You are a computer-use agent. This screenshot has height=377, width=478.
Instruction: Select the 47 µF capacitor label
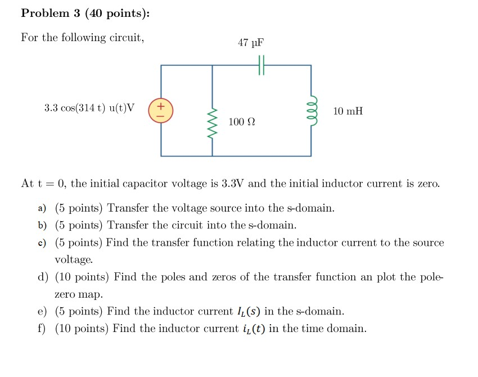pyautogui.click(x=250, y=43)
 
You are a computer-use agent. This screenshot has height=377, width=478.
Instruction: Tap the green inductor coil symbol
pyautogui.click(x=311, y=110)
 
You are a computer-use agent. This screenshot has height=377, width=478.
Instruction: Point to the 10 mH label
pyautogui.click(x=348, y=111)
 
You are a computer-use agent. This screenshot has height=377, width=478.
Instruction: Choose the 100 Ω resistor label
pyautogui.click(x=242, y=122)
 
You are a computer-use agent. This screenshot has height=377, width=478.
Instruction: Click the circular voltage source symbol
pyautogui.click(x=161, y=110)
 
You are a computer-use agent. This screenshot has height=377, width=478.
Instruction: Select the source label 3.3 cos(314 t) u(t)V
pyautogui.click(x=89, y=108)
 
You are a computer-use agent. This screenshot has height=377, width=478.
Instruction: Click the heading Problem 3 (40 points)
pyautogui.click(x=85, y=14)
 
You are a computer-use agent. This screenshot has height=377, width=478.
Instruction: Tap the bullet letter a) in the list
pyautogui.click(x=42, y=209)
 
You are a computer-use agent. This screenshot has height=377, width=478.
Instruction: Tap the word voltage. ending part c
pyautogui.click(x=74, y=260)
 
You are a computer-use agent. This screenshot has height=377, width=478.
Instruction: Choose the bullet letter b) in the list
pyautogui.click(x=42, y=226)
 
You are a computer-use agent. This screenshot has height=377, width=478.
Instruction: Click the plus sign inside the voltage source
pyautogui.click(x=161, y=105)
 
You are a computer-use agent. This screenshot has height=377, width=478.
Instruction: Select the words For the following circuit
pyautogui.click(x=83, y=38)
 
